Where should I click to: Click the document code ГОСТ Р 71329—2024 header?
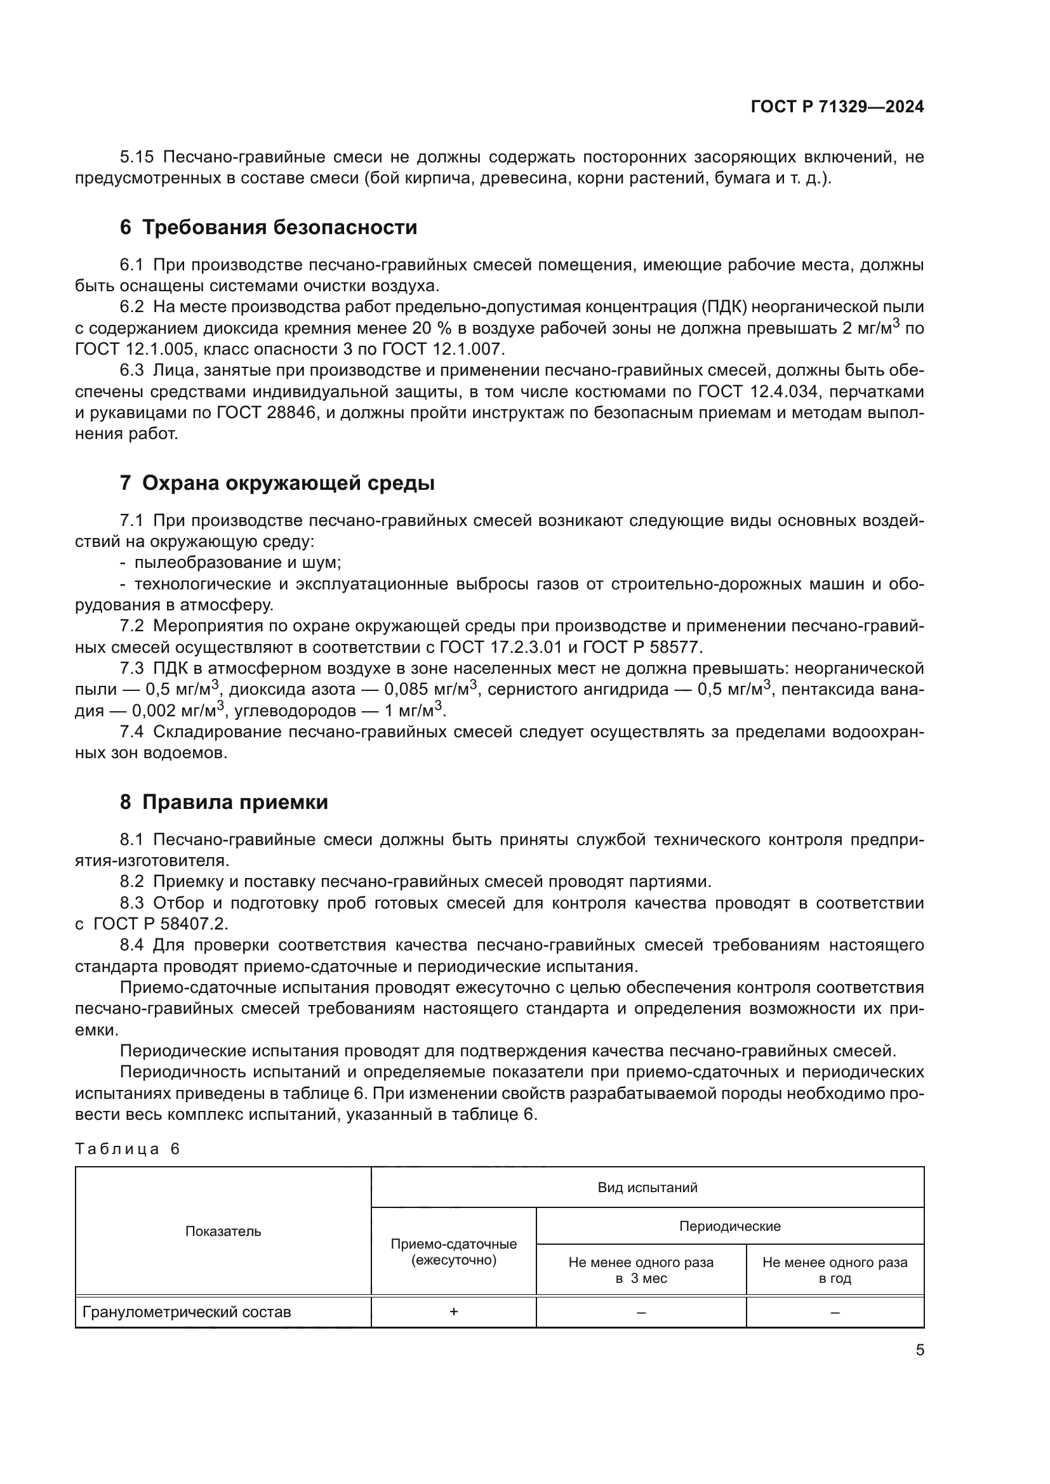[837, 107]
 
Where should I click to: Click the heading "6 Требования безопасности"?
[268, 228]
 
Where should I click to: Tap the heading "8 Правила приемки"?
[223, 802]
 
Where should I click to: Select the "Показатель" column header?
[223, 1231]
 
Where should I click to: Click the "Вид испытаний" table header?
[647, 1187]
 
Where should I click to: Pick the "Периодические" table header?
[729, 1226]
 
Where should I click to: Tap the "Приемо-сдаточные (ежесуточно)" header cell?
[453, 1252]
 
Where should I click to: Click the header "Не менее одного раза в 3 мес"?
[641, 1270]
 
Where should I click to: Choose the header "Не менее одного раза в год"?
[835, 1270]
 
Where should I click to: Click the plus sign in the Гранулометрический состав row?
[453, 1311]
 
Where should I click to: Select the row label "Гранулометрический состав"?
[187, 1312]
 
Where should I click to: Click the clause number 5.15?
[136, 157]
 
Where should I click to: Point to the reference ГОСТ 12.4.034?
[760, 391]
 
